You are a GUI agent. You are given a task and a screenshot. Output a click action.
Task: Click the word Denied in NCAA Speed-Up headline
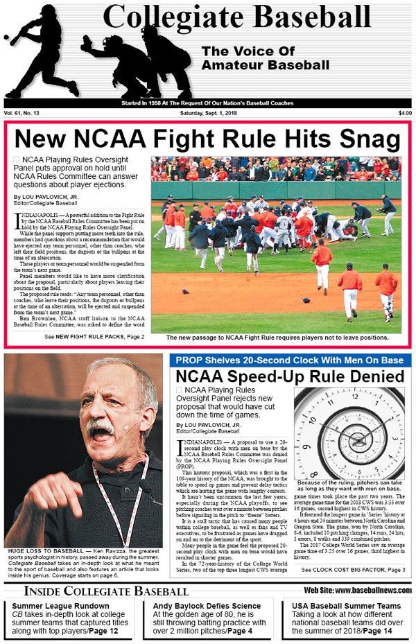pyautogui.click(x=365, y=376)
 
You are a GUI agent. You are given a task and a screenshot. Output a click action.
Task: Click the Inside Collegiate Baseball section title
pyautogui.click(x=105, y=591)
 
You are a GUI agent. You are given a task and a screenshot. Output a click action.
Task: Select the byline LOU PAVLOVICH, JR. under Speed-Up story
pyautogui.click(x=209, y=424)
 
